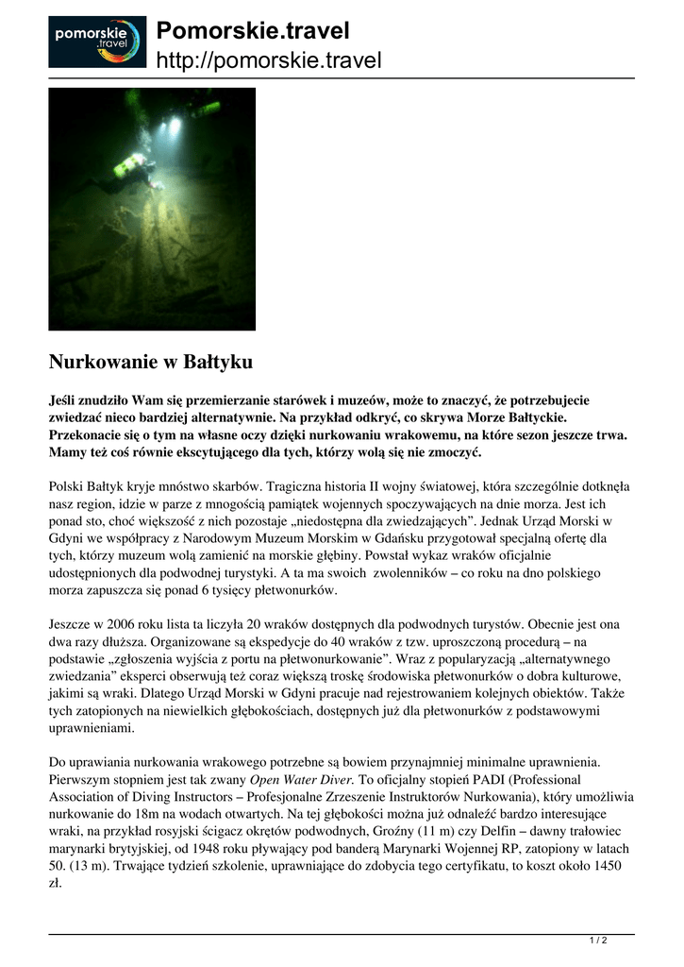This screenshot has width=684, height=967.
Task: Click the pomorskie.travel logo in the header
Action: click(x=97, y=42)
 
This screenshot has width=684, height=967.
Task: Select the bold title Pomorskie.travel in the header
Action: click(x=252, y=31)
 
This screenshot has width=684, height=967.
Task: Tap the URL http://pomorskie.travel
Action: click(x=268, y=61)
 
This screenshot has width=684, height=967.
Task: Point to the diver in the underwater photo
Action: click(x=132, y=169)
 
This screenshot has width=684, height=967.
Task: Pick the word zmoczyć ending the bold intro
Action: click(x=455, y=452)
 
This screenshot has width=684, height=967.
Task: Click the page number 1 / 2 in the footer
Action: click(x=597, y=941)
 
